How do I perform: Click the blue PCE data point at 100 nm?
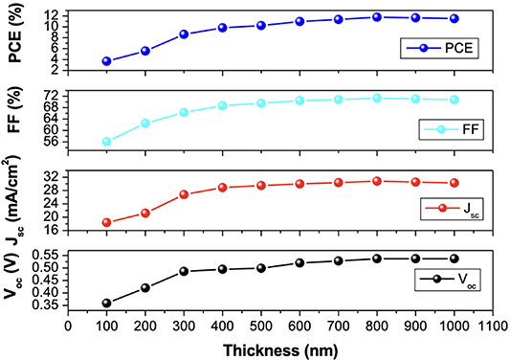click(x=106, y=61)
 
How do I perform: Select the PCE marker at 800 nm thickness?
click(x=377, y=16)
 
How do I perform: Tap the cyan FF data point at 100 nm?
click(x=106, y=142)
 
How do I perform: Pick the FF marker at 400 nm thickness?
click(x=222, y=105)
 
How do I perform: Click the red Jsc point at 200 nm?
click(x=145, y=213)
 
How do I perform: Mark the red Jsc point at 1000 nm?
click(x=455, y=183)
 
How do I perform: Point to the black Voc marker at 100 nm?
click(x=106, y=304)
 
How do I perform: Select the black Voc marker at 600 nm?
click(x=299, y=262)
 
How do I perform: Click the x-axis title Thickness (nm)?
click(x=280, y=349)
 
